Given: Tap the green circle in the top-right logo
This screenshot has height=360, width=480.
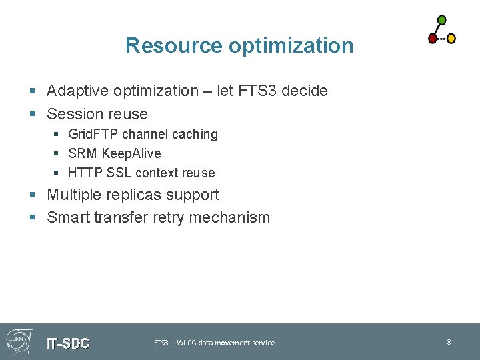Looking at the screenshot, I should [x=441, y=20].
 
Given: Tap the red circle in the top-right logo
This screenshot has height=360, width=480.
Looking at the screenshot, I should [x=433, y=38].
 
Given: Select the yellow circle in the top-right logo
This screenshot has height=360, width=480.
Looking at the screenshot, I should [x=451, y=39].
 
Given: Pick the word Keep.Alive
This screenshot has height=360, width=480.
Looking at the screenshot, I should [x=131, y=153].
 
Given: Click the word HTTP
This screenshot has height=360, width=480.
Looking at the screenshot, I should [x=84, y=173].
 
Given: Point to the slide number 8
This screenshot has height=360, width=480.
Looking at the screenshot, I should [x=449, y=342].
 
